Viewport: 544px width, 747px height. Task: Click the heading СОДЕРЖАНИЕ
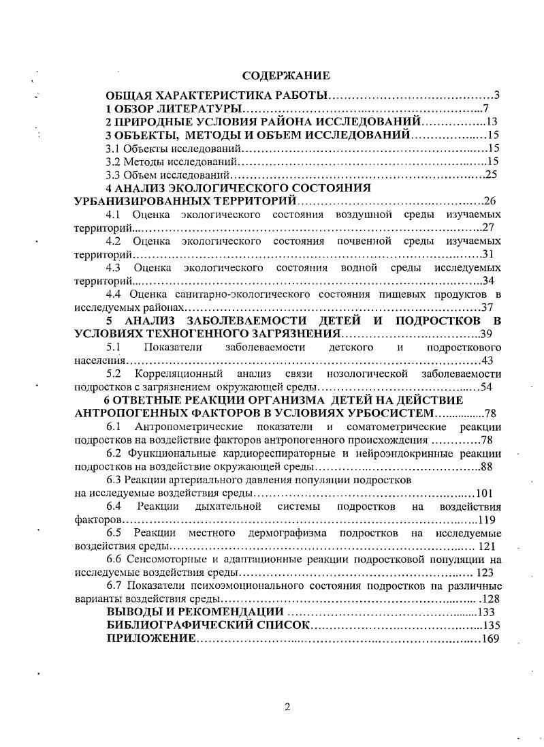[286, 75]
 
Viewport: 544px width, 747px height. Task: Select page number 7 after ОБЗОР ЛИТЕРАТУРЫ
[485, 108]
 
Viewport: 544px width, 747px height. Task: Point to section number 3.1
[113, 148]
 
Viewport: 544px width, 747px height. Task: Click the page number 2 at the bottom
[287, 706]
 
